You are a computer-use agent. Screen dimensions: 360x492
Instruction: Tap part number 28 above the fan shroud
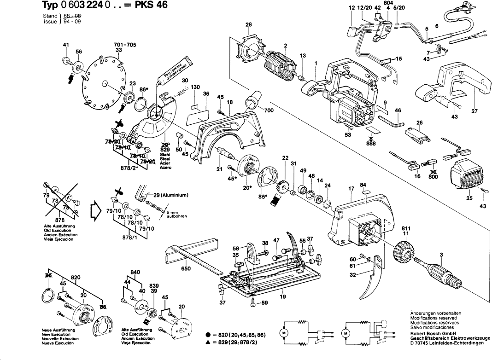(x=249, y=25)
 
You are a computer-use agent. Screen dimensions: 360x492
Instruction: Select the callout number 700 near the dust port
(x=269, y=110)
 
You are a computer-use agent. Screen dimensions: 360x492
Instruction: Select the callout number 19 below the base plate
(x=283, y=297)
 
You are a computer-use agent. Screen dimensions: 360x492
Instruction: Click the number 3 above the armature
(x=441, y=255)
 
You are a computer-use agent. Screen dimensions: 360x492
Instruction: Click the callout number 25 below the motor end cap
(x=469, y=198)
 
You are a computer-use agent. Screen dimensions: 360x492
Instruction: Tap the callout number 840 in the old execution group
(x=135, y=273)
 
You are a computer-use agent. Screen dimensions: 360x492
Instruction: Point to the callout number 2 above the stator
(x=286, y=45)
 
